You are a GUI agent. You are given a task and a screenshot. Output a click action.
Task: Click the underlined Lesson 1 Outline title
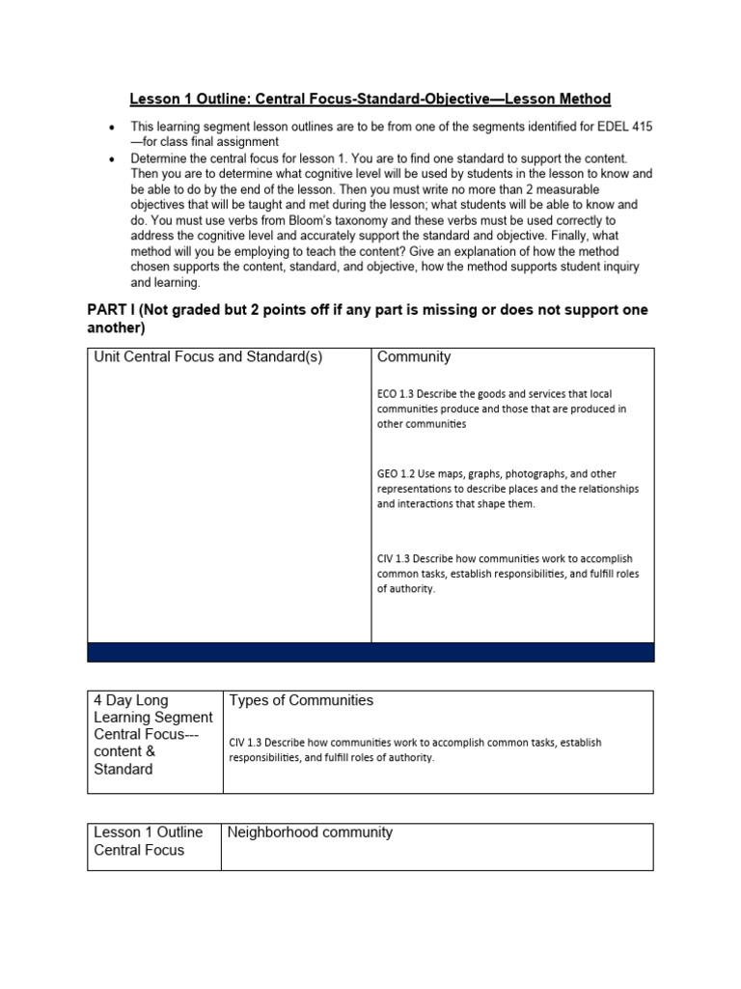coord(370,99)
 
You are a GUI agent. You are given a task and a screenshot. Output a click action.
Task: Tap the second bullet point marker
coord(114,158)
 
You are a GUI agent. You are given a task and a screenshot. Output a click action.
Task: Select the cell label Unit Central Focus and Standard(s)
coord(207,356)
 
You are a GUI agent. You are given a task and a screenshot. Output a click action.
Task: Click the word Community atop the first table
coord(414,356)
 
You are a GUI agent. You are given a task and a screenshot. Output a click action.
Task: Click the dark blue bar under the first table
coord(370,652)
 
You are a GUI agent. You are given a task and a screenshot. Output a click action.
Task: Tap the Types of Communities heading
coord(301,700)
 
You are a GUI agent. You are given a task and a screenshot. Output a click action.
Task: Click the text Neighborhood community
coord(310,833)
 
